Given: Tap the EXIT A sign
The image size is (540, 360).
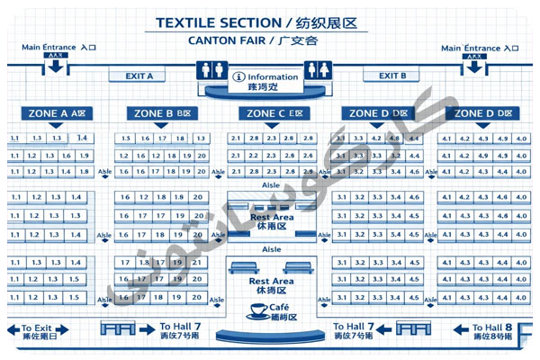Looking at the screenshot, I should click(x=139, y=76).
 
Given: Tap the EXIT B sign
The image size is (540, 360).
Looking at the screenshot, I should click(x=392, y=76).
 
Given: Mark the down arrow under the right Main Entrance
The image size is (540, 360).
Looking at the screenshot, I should click(x=474, y=67).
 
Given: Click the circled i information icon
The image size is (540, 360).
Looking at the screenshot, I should click(x=239, y=77).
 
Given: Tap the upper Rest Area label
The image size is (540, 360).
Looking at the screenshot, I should click(x=271, y=217).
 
